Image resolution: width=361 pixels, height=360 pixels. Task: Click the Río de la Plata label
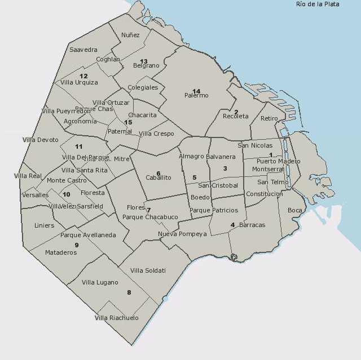click(318, 5)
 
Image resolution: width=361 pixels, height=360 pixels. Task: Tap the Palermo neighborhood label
click(196, 96)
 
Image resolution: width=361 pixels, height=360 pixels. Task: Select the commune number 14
click(196, 91)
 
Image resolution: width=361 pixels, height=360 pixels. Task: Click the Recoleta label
click(235, 116)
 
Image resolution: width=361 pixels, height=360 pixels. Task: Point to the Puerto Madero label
click(275, 162)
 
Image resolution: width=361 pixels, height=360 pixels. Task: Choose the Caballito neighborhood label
click(159, 177)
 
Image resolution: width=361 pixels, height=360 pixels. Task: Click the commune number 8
click(129, 292)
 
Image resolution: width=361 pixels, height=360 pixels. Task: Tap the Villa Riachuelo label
click(116, 318)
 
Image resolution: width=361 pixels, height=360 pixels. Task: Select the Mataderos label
click(61, 253)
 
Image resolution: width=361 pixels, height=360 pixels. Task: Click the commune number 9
click(76, 245)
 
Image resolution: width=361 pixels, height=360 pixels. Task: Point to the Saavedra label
click(83, 50)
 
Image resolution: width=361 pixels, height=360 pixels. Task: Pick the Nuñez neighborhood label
click(130, 35)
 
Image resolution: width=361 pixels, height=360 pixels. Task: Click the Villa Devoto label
click(40, 140)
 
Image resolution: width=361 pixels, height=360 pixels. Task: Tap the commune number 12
click(83, 76)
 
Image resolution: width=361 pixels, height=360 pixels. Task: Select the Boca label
click(295, 211)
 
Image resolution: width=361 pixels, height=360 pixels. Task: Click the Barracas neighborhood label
click(252, 225)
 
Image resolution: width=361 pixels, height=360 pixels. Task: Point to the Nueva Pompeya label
click(182, 234)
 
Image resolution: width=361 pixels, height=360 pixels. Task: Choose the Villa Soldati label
click(148, 271)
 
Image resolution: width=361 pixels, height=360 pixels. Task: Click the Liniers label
click(45, 225)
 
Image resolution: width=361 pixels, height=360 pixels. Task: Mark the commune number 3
click(225, 168)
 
